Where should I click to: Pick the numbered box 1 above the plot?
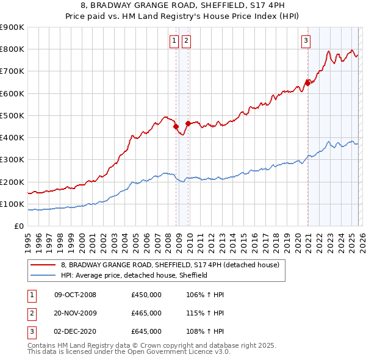click(x=174, y=41)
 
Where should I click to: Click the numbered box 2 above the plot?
click(x=185, y=41)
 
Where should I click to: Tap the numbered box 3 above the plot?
click(x=305, y=41)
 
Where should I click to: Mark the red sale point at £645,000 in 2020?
click(x=308, y=84)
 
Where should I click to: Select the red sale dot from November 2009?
click(x=188, y=123)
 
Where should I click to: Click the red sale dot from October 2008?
click(x=176, y=127)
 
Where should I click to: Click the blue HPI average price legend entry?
click(x=134, y=275)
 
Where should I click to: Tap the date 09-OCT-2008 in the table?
click(x=75, y=295)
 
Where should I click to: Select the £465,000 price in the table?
click(x=146, y=313)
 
